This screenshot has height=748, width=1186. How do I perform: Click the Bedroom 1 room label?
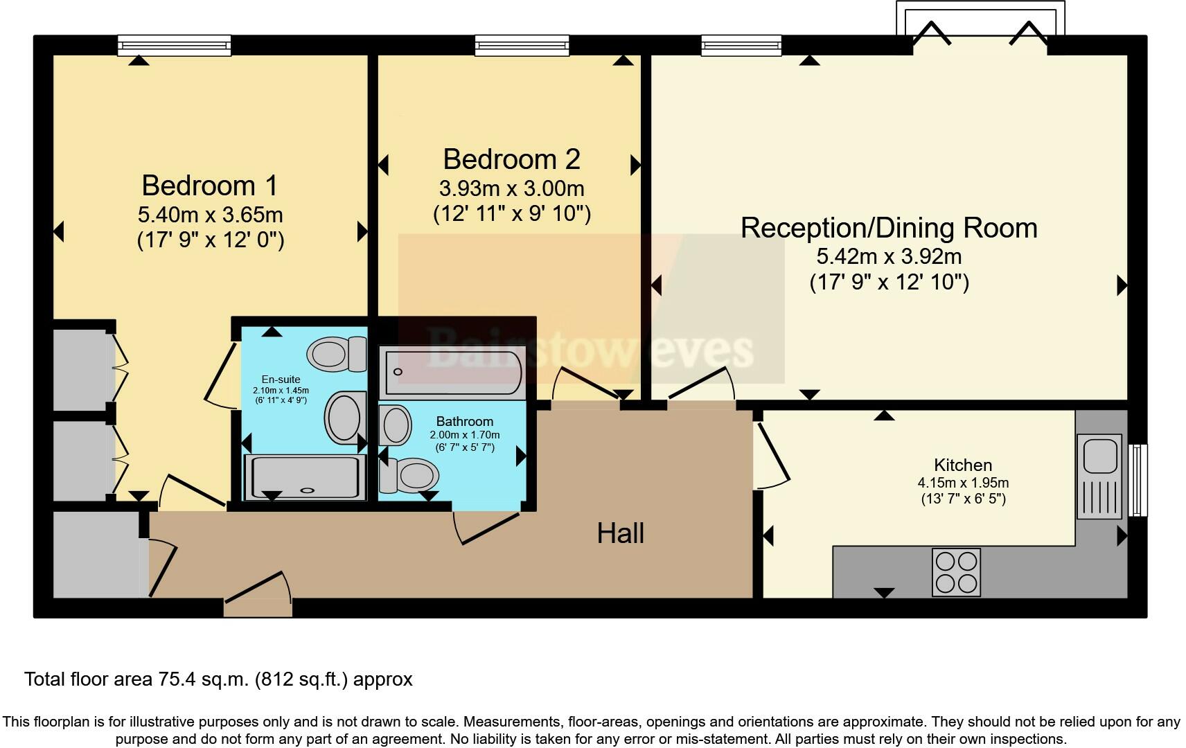coord(210,186)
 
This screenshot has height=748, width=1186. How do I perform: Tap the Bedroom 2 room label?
coord(511,159)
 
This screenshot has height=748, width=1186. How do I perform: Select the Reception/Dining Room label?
coord(889,228)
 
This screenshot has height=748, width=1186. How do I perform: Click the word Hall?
coord(621,533)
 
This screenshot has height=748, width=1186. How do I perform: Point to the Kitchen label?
coord(962,465)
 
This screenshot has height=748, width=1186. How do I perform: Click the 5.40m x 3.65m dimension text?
coord(210,215)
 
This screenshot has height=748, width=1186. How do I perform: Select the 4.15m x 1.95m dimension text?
coord(962,483)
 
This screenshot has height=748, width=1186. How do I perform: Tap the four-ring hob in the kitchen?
coord(956,572)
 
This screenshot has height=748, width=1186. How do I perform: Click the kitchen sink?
coord(1099,476)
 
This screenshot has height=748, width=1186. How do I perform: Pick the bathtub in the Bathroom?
coord(452,373)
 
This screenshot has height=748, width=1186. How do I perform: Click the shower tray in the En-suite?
coord(304,477)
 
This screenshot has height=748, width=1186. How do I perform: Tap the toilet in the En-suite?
coord(337,354)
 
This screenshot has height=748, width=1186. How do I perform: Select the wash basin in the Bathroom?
coord(395,425)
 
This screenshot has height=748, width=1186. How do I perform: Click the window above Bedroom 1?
coord(174,46)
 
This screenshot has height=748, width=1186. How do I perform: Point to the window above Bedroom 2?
coord(522,46)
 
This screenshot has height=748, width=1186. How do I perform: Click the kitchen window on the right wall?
coord(1138,480)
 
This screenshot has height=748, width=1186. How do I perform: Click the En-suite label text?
coord(281,379)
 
